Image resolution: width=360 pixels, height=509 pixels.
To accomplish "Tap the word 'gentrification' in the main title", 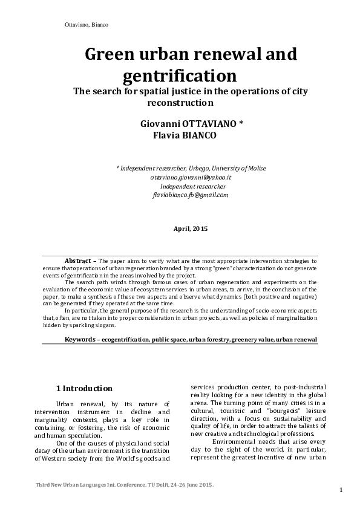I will [x=179, y=77].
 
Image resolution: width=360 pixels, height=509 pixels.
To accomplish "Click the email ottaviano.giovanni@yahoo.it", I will [x=191, y=177].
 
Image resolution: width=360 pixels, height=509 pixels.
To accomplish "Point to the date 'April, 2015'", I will [x=191, y=229].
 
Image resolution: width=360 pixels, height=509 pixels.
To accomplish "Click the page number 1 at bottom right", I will [x=342, y=489].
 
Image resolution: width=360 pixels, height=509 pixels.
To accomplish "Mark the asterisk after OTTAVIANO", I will [x=241, y=123].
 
